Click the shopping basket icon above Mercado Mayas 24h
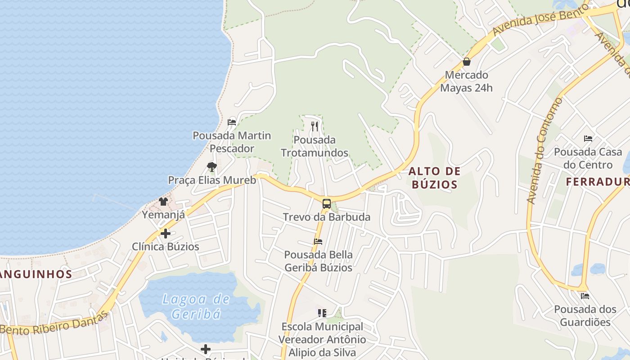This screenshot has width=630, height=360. pos(467,62)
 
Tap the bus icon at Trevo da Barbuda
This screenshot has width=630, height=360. pos(326,203)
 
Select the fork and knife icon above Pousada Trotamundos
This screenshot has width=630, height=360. pos(315,126)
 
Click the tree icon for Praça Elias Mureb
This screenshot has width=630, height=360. pos(212,167)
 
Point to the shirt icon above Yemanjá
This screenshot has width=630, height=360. pos(163,201)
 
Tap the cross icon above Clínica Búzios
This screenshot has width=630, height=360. pos(165,234)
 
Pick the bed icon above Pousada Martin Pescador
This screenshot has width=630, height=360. pos(232,122)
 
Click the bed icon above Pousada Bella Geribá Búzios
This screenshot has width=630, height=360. pos(318,242)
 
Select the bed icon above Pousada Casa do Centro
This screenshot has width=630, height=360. pos(588,138)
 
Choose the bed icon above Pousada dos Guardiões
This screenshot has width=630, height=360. pos(585,296)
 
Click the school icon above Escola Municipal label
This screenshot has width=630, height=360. pos(322,313)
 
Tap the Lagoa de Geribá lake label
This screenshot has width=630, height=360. pos(196,306)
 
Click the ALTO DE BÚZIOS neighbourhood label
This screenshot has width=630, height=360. pos(435,177)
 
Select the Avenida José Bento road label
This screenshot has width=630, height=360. pos(540,19)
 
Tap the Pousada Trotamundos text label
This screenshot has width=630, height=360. pos(315,146)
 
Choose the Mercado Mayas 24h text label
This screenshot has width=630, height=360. pos(466,81)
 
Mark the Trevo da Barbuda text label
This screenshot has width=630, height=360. pos(327,217)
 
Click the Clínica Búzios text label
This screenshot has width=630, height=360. pos(165,247)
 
